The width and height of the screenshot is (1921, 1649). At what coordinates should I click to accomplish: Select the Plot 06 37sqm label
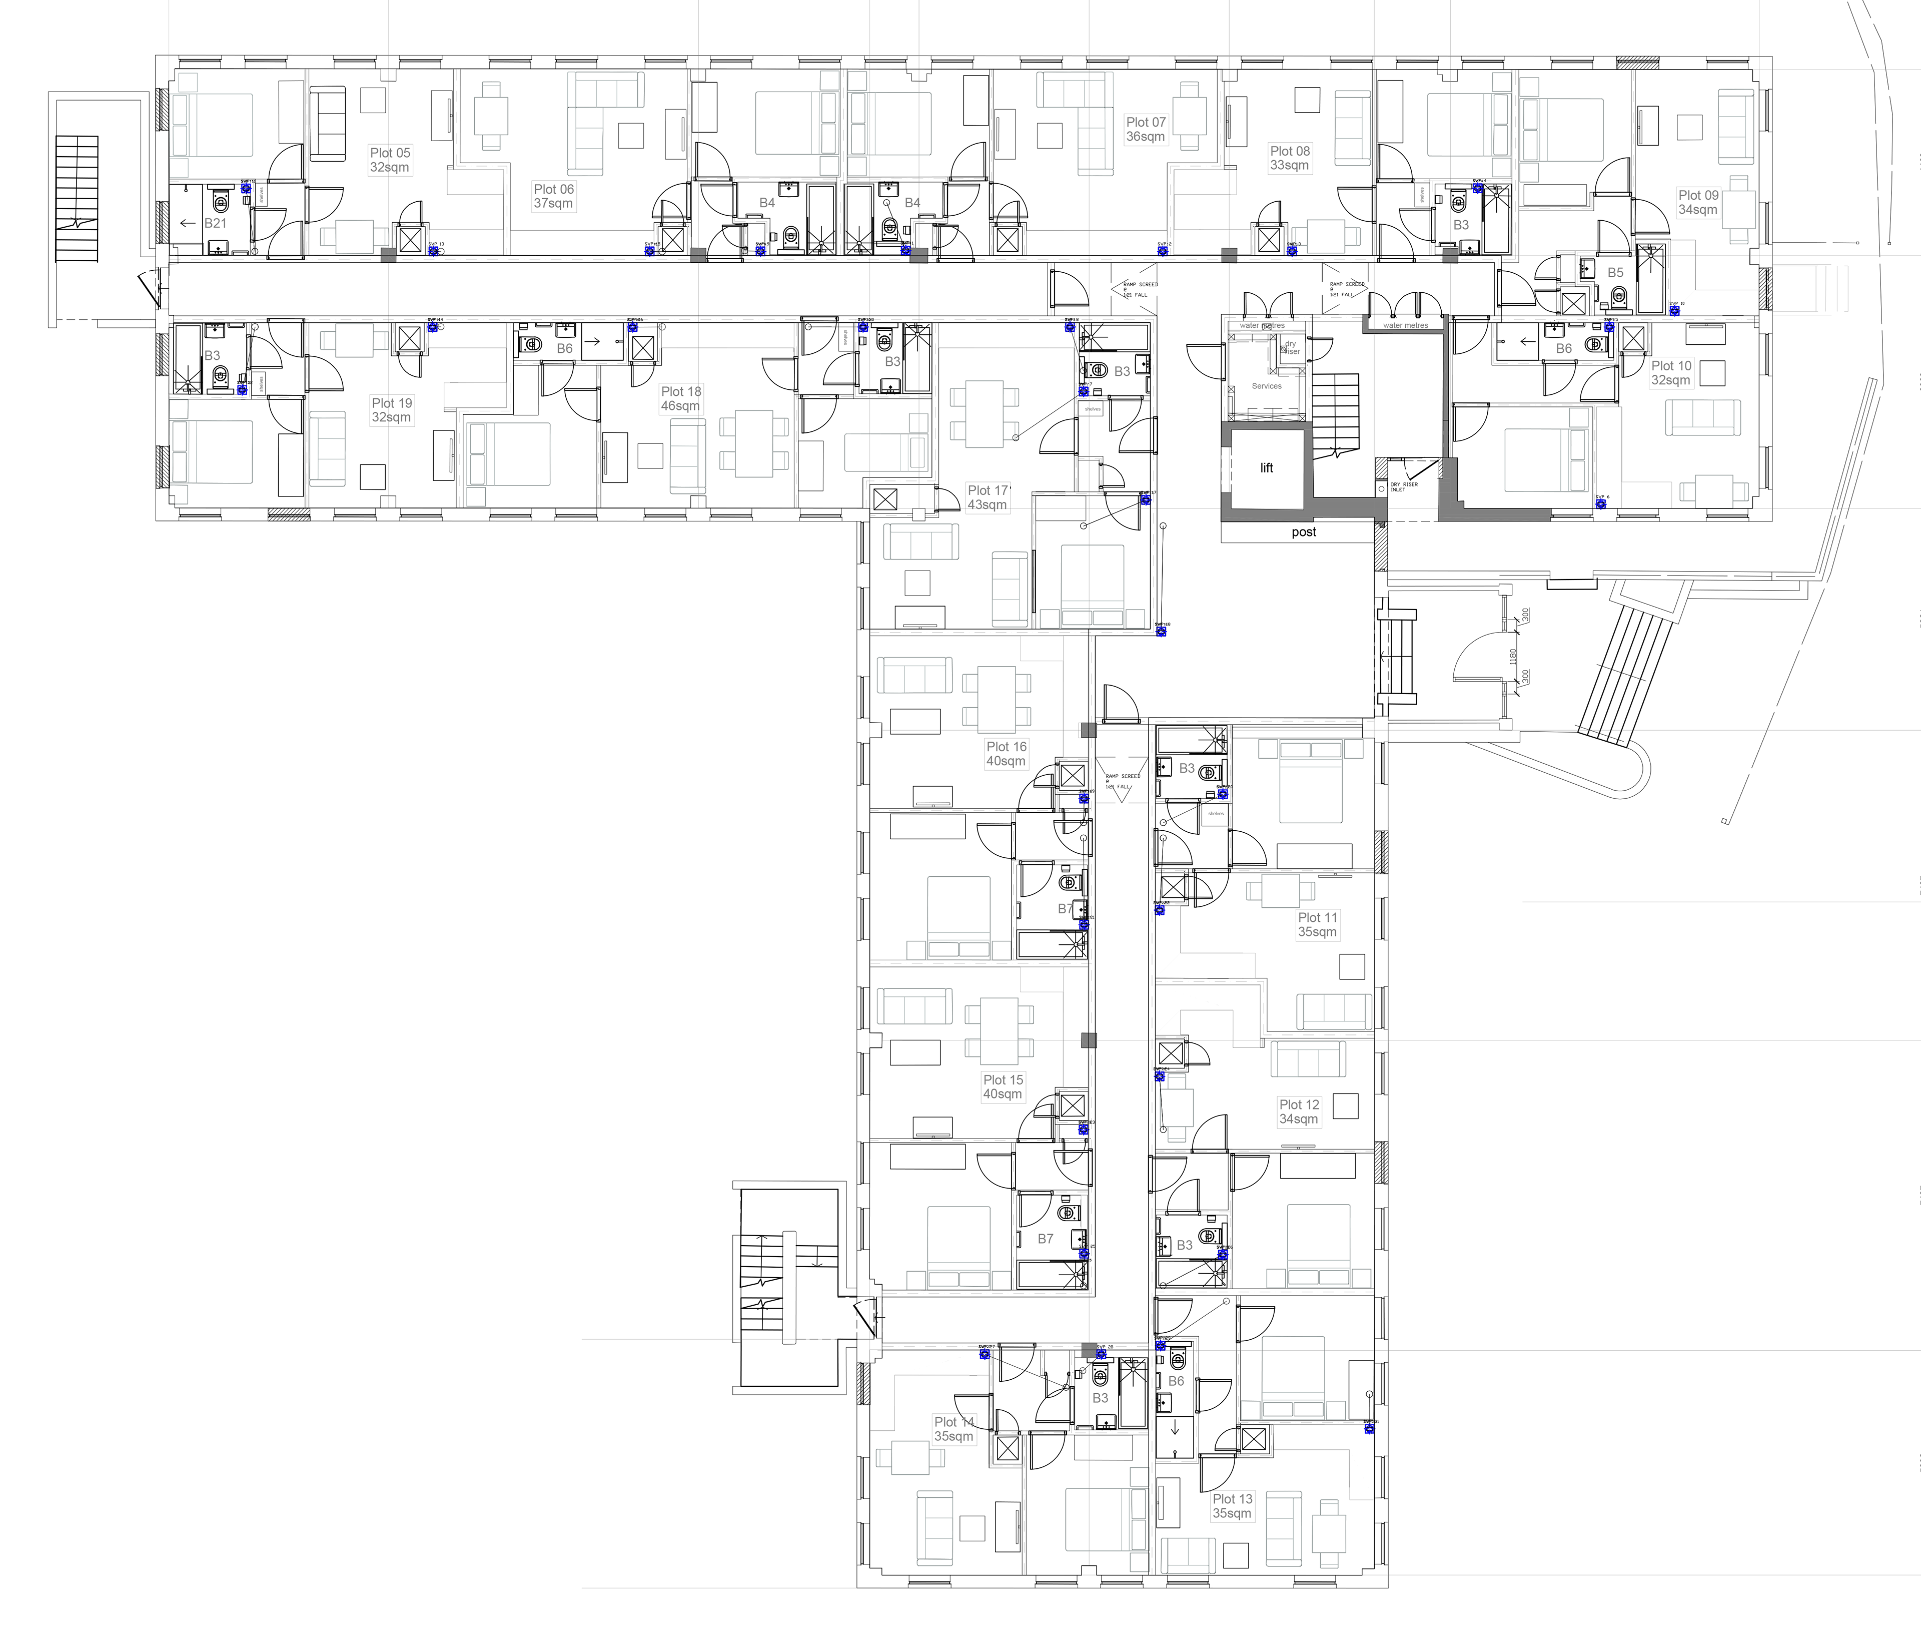point(553,196)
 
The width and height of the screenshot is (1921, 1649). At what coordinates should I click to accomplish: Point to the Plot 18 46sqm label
point(680,399)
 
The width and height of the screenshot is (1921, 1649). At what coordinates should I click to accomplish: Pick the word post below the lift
point(1304,532)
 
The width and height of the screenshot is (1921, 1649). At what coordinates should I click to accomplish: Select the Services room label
point(1267,386)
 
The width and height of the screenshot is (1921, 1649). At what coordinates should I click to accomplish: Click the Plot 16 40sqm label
point(1006,753)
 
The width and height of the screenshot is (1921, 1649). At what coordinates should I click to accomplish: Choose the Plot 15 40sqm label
point(1003,1086)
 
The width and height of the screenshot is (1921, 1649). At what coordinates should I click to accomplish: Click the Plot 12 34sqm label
point(1299,1111)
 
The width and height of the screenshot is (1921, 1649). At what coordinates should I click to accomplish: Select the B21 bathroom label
point(215,224)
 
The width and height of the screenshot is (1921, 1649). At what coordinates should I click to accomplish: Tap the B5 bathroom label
point(1615,273)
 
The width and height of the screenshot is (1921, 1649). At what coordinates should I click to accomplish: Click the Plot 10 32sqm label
point(1671,373)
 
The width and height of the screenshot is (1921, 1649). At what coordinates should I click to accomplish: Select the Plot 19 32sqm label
point(391,410)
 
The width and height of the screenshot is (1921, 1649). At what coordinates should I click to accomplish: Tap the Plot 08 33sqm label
point(1290,158)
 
